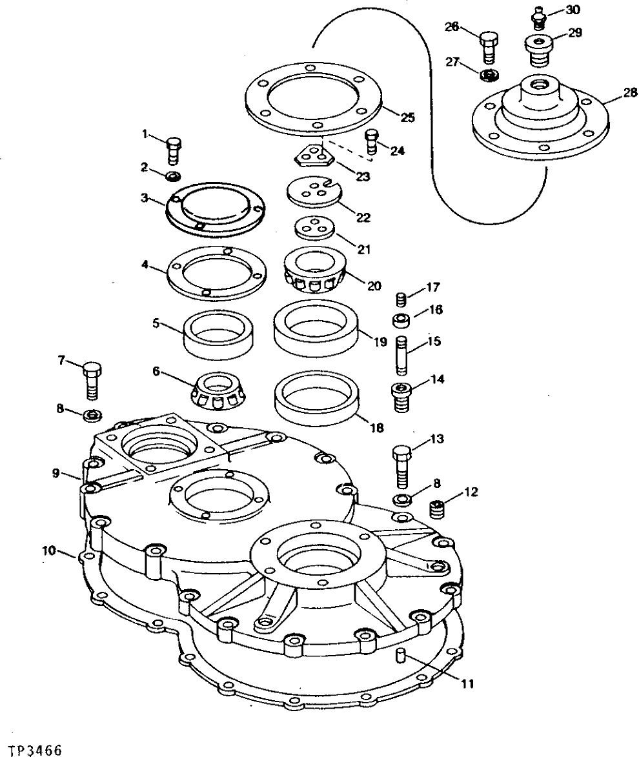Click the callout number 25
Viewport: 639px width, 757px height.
[407, 117]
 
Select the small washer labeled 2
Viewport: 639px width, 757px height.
[173, 176]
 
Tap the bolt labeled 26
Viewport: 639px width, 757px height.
[489, 46]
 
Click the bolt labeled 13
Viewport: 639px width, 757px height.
[401, 466]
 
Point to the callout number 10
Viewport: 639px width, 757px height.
[48, 550]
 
